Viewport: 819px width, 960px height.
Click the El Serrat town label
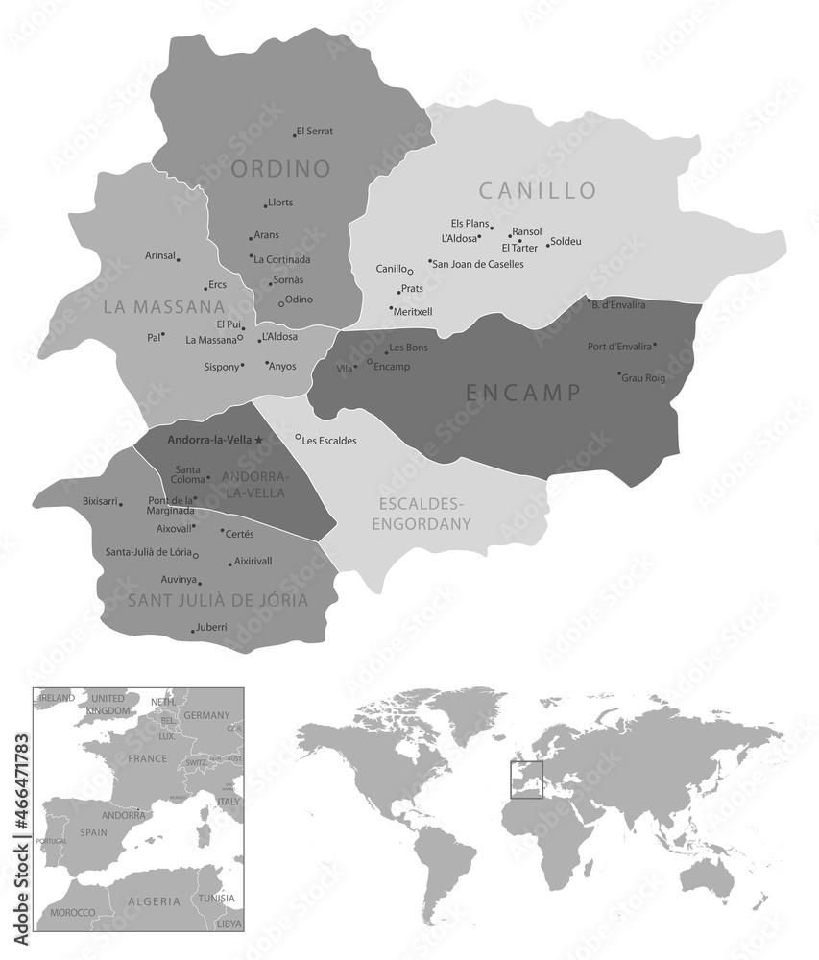click(x=315, y=131)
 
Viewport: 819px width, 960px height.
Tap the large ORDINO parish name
click(x=280, y=170)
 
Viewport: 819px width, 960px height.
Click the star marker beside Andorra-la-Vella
click(x=258, y=440)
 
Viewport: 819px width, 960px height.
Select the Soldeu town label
click(x=566, y=241)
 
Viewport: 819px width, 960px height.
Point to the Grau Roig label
click(x=644, y=378)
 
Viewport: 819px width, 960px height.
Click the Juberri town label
click(x=211, y=627)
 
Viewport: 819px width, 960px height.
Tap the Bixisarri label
click(x=99, y=501)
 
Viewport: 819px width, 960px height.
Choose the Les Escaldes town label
click(x=329, y=441)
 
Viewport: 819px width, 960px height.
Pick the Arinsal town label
click(x=159, y=255)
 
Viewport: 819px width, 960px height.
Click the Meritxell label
click(x=412, y=311)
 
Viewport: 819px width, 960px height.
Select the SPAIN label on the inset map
click(x=93, y=832)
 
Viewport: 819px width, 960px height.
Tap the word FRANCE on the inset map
click(x=148, y=757)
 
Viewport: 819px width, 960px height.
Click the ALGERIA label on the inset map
click(x=153, y=901)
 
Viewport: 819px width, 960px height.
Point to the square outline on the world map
click(x=526, y=779)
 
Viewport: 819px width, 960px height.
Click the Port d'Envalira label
click(x=619, y=346)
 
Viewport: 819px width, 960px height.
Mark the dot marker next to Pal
click(x=163, y=334)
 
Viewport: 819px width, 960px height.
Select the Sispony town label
click(x=221, y=367)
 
